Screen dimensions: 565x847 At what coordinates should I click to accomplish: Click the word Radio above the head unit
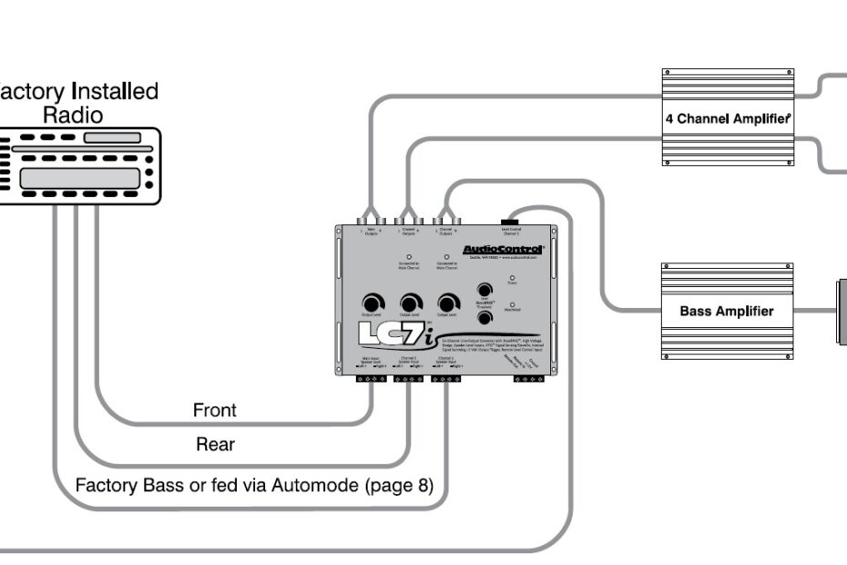(x=73, y=116)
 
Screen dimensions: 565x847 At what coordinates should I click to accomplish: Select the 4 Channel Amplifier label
(x=727, y=118)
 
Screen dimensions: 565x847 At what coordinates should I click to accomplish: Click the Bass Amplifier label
(x=726, y=311)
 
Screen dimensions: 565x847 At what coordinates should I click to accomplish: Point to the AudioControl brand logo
(x=503, y=249)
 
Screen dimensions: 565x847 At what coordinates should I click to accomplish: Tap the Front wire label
(x=214, y=410)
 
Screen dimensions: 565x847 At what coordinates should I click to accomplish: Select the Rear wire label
(x=215, y=445)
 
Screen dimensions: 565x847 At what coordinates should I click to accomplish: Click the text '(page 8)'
(x=399, y=484)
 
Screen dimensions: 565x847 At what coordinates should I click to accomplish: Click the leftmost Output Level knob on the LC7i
(x=372, y=303)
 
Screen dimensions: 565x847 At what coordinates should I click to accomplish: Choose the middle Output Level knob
(x=411, y=303)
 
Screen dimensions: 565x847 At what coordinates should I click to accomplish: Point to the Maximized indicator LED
(x=512, y=305)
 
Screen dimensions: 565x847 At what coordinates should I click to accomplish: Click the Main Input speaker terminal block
(x=372, y=377)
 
